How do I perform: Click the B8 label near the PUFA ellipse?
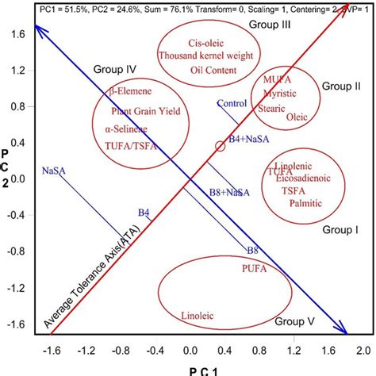(251, 251)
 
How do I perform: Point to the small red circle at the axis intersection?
(221, 146)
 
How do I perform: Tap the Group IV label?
(117, 69)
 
